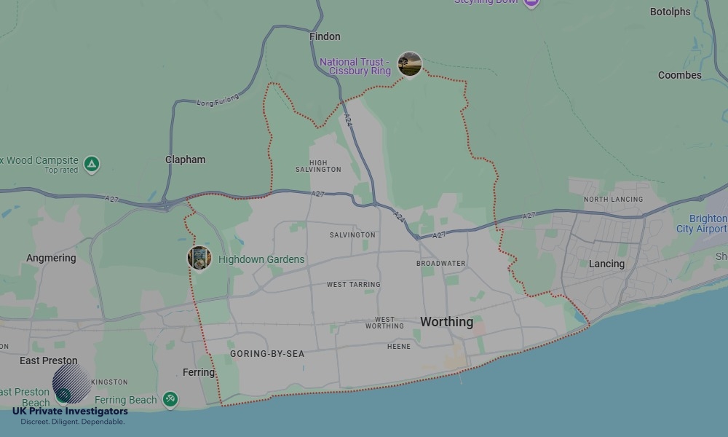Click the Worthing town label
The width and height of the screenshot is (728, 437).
pyautogui.click(x=446, y=322)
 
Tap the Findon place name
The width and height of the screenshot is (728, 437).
pyautogui.click(x=325, y=36)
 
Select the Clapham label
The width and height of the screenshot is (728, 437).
pyautogui.click(x=185, y=160)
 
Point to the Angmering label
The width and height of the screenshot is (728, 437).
pyautogui.click(x=51, y=259)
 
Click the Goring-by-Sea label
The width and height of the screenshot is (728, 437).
pyautogui.click(x=267, y=354)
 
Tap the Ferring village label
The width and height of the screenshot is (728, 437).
pyautogui.click(x=199, y=372)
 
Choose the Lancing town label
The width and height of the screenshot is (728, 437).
pyautogui.click(x=606, y=264)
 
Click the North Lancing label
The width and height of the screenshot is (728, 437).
pyautogui.click(x=613, y=199)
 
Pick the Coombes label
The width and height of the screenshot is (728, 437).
pyautogui.click(x=679, y=75)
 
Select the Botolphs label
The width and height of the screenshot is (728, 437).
pyautogui.click(x=670, y=12)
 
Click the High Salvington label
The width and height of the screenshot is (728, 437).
pyautogui.click(x=318, y=166)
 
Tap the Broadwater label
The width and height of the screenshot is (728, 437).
pyautogui.click(x=440, y=263)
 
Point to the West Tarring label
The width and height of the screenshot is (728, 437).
pyautogui.click(x=353, y=285)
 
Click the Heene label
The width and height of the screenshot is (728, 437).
pyautogui.click(x=399, y=347)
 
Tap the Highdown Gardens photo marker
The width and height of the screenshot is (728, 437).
pyautogui.click(x=199, y=258)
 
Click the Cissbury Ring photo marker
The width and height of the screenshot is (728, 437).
pyautogui.click(x=410, y=64)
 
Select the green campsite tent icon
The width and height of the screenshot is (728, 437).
pyautogui.click(x=92, y=164)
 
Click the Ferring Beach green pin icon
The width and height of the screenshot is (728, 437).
pyautogui.click(x=170, y=399)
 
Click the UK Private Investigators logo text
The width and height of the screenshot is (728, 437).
pyautogui.click(x=70, y=412)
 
